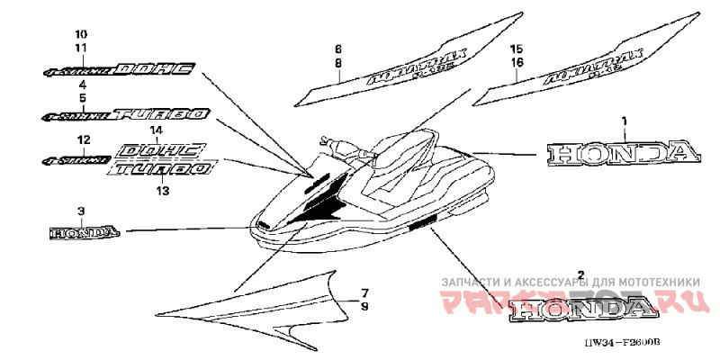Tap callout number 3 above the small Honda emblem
click(81, 211)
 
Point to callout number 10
click(81, 34)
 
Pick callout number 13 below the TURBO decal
click(163, 191)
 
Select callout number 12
click(83, 140)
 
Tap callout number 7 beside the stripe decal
click(364, 293)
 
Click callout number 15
click(516, 47)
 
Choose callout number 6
click(338, 47)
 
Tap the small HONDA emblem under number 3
click(83, 232)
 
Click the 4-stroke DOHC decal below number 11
click(120, 70)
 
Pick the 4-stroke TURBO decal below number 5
click(126, 115)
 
